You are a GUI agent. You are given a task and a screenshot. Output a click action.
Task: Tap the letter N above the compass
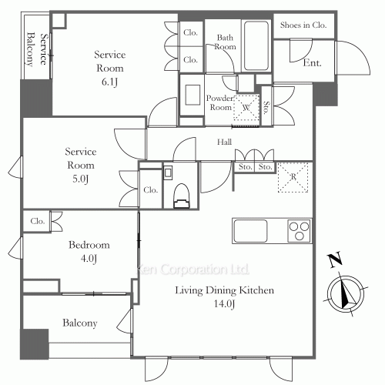[x=333, y=260]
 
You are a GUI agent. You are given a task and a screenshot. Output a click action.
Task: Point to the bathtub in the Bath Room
[x=256, y=45]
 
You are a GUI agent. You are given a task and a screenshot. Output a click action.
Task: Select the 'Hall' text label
[x=224, y=142]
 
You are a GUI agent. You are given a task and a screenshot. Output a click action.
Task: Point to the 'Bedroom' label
[x=89, y=245]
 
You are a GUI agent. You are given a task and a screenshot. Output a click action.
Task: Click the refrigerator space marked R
[x=293, y=177]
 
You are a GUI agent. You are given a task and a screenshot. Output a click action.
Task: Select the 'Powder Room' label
[x=220, y=102]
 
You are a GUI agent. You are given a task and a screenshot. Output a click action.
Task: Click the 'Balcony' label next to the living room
[x=79, y=323]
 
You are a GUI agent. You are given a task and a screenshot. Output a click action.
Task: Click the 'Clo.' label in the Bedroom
[x=37, y=221]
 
